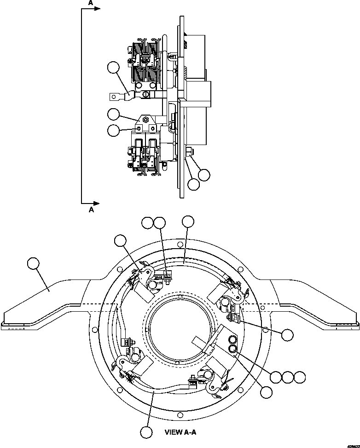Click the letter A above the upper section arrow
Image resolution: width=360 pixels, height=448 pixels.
[91, 3]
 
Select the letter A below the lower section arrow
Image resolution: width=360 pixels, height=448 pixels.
[91, 210]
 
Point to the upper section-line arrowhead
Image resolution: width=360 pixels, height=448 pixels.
[97, 9]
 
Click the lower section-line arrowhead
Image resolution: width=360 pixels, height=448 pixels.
[97, 203]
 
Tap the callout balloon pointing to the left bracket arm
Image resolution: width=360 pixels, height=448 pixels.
[33, 264]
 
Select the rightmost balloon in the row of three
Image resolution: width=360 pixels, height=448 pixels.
[300, 377]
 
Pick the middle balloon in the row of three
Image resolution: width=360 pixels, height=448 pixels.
[288, 377]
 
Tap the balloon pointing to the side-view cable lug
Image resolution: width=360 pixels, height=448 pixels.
[113, 68]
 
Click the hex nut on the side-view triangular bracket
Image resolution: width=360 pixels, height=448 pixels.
[145, 120]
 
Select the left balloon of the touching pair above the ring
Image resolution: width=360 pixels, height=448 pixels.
[148, 223]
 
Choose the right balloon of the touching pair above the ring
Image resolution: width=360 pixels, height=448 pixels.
[159, 223]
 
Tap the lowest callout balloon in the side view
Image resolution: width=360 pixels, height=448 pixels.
[194, 184]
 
